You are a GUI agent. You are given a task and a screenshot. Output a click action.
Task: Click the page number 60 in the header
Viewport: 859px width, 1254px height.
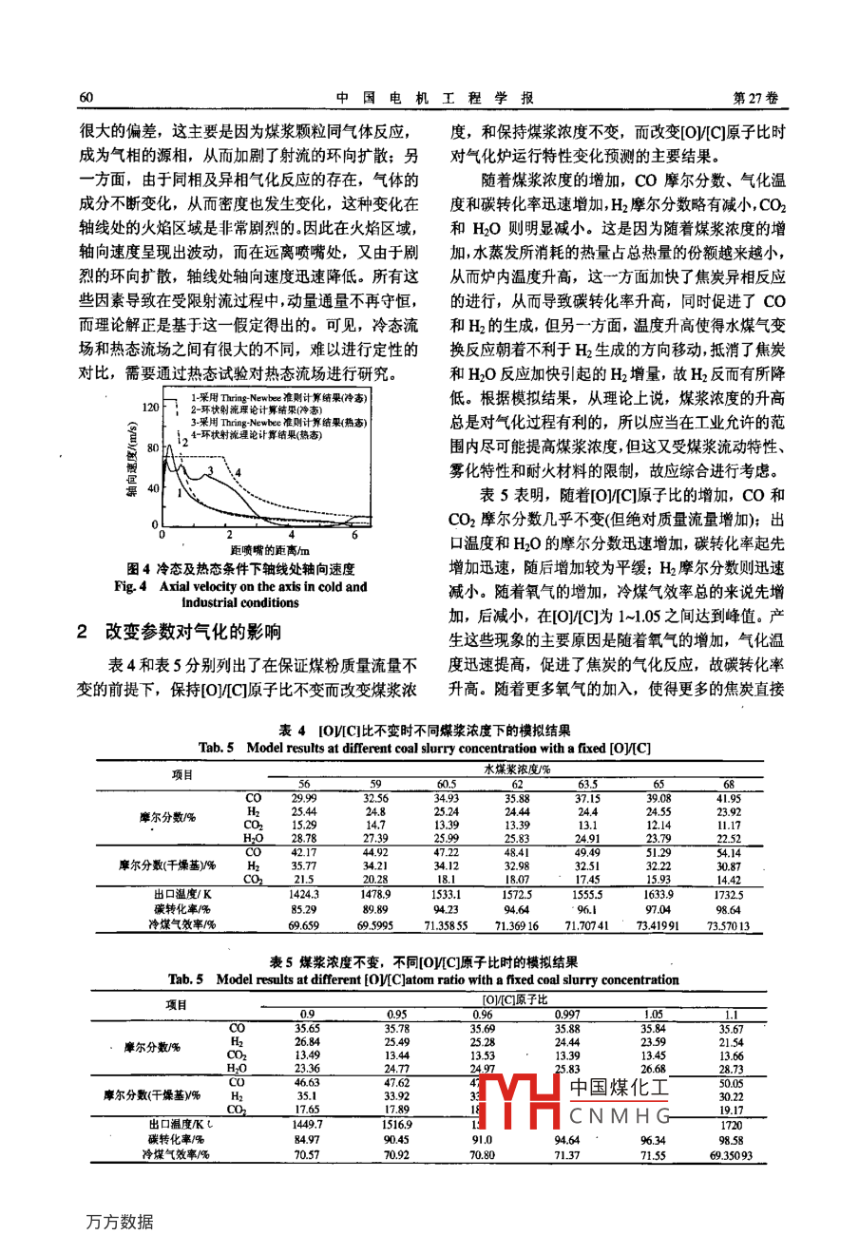pos(85,98)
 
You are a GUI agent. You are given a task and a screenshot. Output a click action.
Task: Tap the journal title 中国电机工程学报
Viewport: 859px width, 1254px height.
pos(435,98)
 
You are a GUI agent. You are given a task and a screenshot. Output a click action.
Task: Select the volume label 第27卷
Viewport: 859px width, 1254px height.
pos(756,98)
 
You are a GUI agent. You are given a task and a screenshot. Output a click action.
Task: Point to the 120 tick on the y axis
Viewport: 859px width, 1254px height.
pos(149,408)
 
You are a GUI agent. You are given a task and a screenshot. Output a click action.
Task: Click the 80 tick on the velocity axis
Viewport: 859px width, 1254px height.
pos(153,446)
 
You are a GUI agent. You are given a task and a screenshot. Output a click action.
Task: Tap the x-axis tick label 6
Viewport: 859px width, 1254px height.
pos(354,536)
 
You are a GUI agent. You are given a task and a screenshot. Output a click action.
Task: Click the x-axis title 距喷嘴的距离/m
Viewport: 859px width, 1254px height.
pos(270,550)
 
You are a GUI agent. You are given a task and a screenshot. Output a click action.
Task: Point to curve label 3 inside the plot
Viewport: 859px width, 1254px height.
pos(210,469)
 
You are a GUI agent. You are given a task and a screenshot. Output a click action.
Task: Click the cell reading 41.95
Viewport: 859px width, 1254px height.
pos(729,799)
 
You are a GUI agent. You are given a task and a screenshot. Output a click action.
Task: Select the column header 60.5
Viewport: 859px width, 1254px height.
pos(446,785)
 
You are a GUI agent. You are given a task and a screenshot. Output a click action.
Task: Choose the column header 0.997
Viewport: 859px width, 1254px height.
pos(567,1015)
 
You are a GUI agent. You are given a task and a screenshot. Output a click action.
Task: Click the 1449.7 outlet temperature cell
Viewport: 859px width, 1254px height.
pos(309,1124)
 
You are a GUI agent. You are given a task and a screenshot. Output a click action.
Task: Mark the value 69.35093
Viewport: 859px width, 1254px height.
pos(731,1155)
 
